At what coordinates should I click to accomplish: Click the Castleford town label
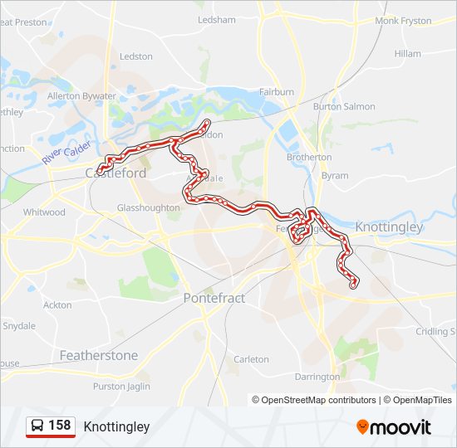pos(115,173)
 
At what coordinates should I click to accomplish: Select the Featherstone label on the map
pos(99,355)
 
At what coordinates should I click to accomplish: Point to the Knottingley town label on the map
pos(389,226)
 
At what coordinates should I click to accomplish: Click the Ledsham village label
pos(217,19)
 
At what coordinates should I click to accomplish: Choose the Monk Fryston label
pos(403,21)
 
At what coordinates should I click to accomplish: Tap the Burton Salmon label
pos(344,107)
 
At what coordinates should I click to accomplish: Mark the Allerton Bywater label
pos(81,96)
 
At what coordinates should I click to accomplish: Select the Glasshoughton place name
pos(148,207)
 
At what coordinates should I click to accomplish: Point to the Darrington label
pos(317,377)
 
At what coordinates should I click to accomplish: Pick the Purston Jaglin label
pos(121,387)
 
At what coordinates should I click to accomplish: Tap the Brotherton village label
pos(309,157)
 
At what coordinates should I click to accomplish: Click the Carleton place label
pos(252,359)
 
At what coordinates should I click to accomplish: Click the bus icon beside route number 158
pos(38,426)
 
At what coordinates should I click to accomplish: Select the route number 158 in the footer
pos(60,426)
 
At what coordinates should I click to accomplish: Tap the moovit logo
pos(394,427)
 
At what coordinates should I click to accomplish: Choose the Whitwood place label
pos(44,212)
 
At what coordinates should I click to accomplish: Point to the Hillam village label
pos(408,53)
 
